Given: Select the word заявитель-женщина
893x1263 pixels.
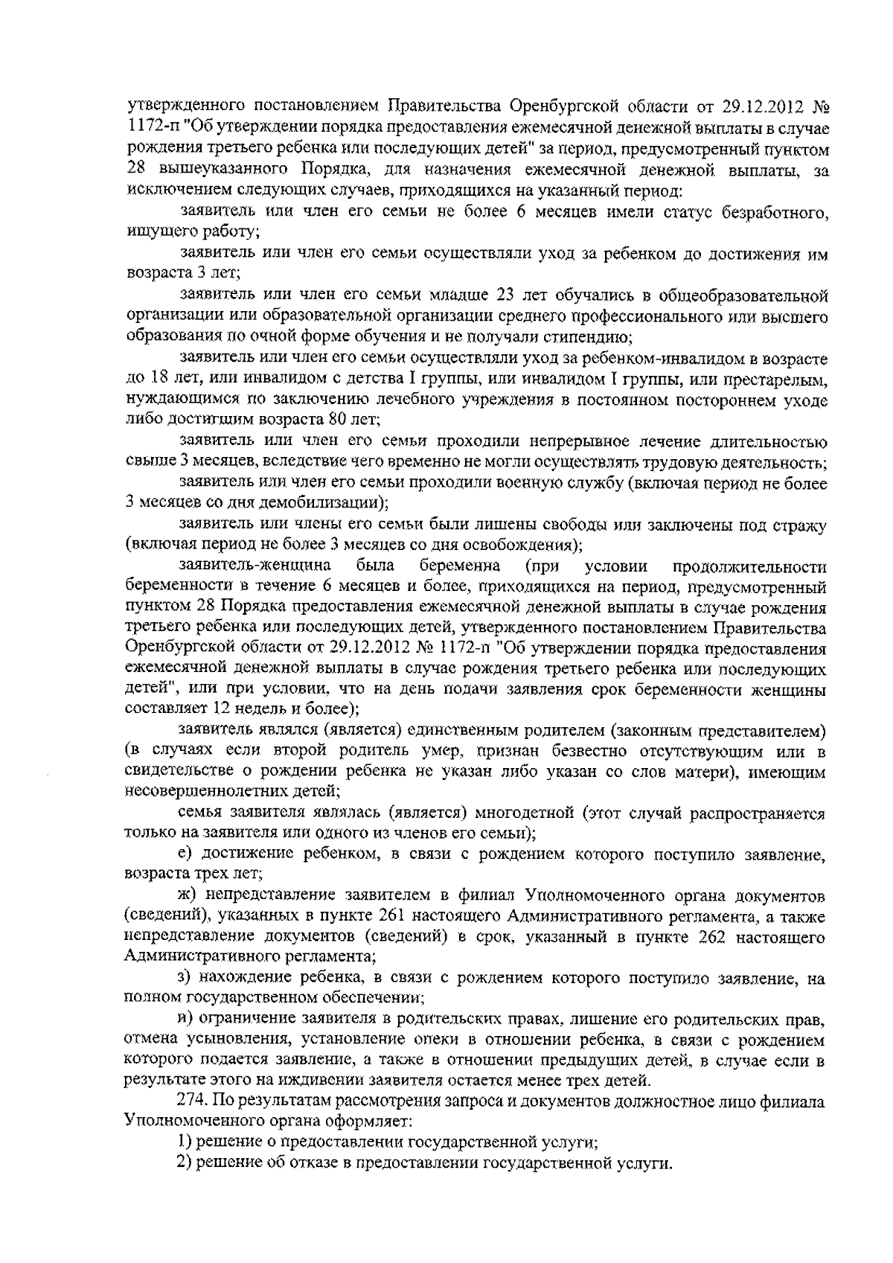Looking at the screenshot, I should coord(253,567).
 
